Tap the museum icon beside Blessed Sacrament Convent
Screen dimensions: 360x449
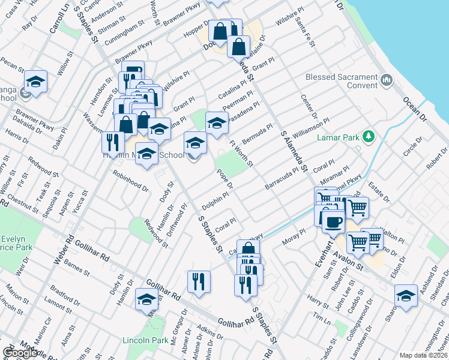386,80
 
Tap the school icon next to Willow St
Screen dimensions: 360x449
35,82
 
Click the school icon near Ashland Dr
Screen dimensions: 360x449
406,296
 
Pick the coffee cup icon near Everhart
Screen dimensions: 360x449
333,221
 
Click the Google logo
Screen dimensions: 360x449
20,353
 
